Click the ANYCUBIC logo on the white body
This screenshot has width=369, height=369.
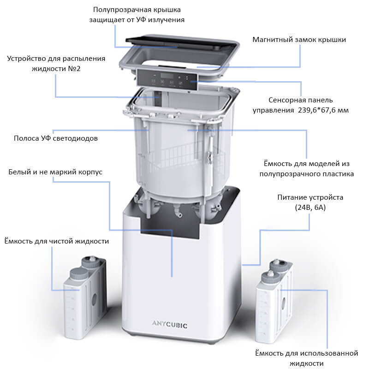(x=170, y=325)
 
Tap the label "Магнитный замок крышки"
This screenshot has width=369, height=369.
(x=299, y=40)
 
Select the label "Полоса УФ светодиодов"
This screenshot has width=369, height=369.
(x=56, y=138)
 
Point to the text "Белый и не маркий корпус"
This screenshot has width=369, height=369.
(x=55, y=172)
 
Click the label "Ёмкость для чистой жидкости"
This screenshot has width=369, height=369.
(x=57, y=241)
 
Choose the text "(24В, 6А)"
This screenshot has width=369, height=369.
(x=310, y=208)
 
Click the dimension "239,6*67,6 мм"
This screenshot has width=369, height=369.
(x=323, y=110)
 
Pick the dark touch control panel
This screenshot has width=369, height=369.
(x=167, y=79)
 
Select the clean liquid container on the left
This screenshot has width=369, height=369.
(x=85, y=298)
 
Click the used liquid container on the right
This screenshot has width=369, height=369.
(x=274, y=302)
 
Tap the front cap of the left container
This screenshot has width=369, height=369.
(x=79, y=274)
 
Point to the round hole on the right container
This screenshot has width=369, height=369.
(x=283, y=304)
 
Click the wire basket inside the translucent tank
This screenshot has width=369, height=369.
(x=182, y=156)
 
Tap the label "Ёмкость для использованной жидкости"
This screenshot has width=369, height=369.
(x=307, y=358)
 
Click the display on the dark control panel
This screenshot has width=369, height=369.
(x=167, y=76)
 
